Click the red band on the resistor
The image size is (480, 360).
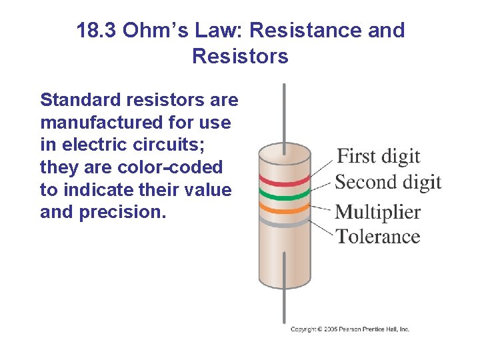(x=285, y=180)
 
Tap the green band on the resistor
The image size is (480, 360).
(x=285, y=195)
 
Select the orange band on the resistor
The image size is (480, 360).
(x=285, y=209)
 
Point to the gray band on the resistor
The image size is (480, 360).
(x=285, y=225)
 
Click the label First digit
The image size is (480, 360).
(x=378, y=157)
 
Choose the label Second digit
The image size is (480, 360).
(x=388, y=181)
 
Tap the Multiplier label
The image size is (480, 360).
(x=377, y=212)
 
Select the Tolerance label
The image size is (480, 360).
(x=377, y=236)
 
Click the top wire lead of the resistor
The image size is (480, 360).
(x=285, y=113)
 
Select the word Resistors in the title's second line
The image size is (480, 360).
(x=240, y=56)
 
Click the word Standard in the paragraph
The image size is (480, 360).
(x=78, y=100)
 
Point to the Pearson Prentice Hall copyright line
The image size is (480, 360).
(x=350, y=329)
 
